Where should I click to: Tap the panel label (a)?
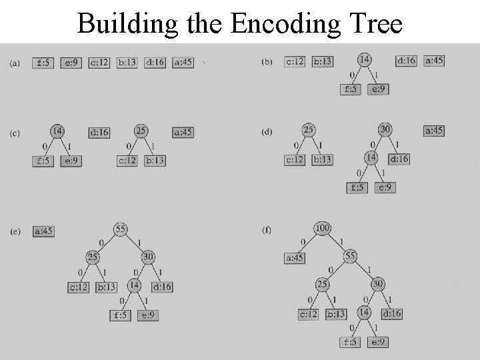point(15,63)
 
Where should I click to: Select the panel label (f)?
point(267,231)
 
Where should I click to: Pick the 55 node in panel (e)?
point(121,229)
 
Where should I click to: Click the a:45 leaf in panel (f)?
point(295,257)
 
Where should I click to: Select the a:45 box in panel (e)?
point(43,231)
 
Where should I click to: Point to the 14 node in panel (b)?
point(364,59)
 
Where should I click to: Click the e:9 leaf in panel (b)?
point(379,89)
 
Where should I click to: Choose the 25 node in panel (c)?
point(141,131)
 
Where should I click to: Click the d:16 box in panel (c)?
point(99,132)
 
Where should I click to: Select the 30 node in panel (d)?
point(385,129)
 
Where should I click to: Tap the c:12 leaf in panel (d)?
point(295,159)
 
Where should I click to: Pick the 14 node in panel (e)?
point(133,285)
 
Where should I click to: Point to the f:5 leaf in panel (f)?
point(351,342)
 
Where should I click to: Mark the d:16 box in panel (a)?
point(155,63)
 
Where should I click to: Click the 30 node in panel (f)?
point(378,284)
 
